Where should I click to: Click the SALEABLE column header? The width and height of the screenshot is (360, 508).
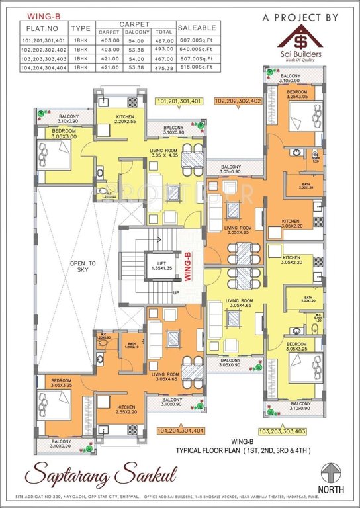click(197, 28)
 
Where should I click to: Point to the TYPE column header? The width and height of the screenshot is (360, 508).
click(81, 28)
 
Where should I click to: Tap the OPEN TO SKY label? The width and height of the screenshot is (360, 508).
click(83, 267)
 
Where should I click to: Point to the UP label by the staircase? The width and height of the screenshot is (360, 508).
click(175, 292)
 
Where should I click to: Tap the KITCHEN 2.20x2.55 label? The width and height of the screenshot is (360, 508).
click(124, 119)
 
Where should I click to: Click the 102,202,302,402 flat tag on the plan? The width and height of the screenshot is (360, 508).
click(238, 101)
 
